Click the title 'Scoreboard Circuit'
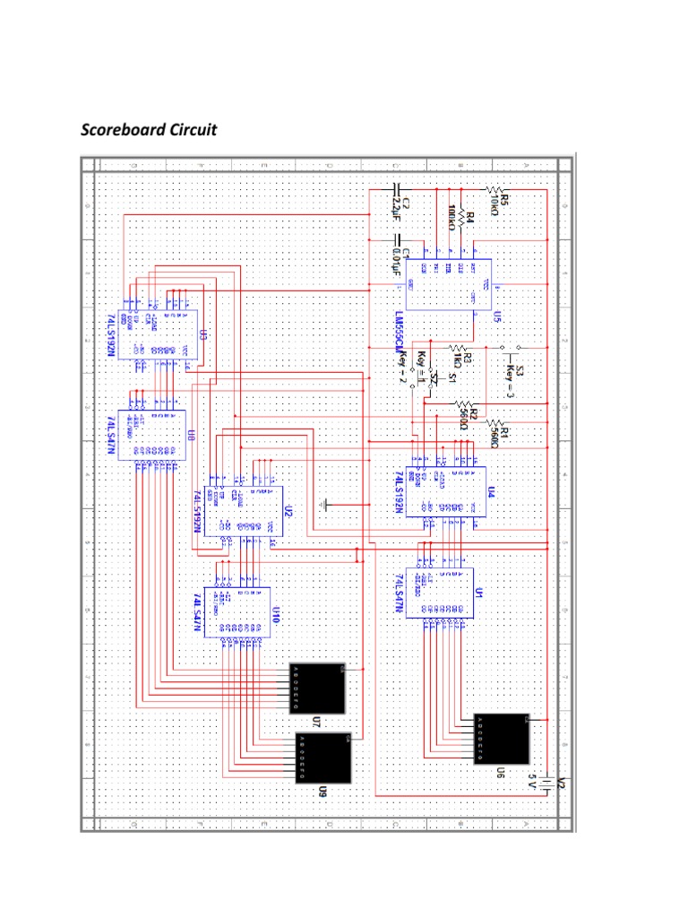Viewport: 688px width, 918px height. coord(149,130)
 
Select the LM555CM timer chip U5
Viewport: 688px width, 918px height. coord(447,285)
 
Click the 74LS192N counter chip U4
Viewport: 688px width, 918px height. coord(445,491)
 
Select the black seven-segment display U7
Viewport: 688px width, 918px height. coord(317,688)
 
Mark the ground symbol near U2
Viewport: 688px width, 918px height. coord(326,505)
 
